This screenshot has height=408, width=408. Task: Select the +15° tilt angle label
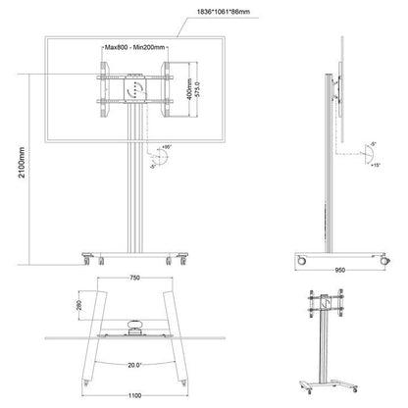tap(374, 166)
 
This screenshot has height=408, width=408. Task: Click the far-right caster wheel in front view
tap(183, 261)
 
